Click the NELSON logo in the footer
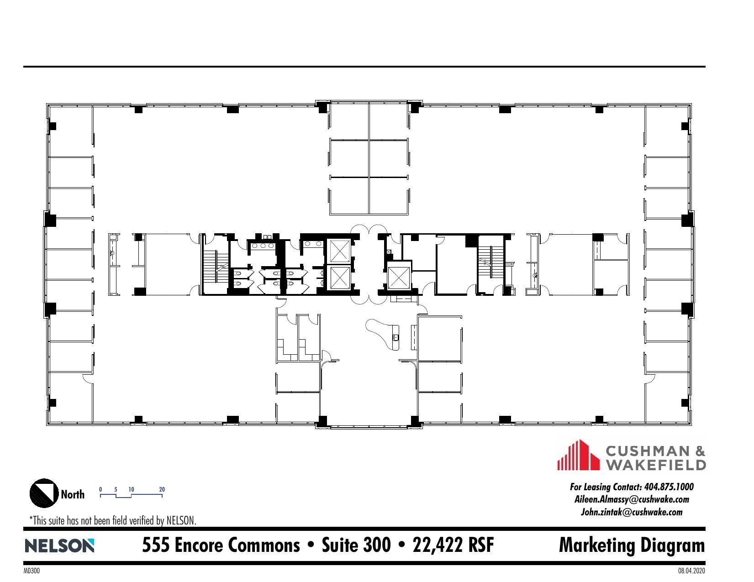click(x=59, y=546)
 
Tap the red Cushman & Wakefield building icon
click(x=578, y=455)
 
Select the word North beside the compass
click(x=73, y=494)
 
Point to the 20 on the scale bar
click(x=162, y=489)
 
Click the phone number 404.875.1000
click(x=668, y=487)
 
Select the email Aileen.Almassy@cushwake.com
click(x=632, y=499)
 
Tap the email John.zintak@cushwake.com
click(x=632, y=512)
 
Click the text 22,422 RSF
click(x=453, y=545)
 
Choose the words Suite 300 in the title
click(x=356, y=545)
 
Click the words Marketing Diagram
click(x=632, y=545)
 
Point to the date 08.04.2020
click(x=691, y=571)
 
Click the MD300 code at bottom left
click(x=32, y=571)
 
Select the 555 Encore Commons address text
click(x=221, y=545)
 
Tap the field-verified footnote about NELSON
click(x=113, y=520)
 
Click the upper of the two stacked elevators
click(x=339, y=250)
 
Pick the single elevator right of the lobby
click(x=397, y=277)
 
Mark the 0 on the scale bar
click(x=100, y=489)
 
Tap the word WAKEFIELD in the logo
click(x=655, y=465)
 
